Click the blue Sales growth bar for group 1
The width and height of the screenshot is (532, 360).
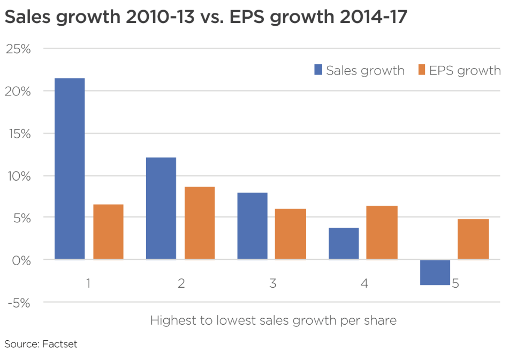point(70,169)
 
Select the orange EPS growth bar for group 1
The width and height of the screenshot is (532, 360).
point(108,232)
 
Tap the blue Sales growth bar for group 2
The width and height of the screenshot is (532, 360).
point(161,208)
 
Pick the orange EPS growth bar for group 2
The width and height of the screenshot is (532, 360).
point(199,223)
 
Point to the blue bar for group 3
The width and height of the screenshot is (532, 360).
point(252,226)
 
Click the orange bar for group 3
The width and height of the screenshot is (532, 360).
point(291,234)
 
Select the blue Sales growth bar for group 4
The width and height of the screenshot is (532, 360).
point(344,244)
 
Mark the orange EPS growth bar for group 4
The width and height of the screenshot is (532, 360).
point(382,232)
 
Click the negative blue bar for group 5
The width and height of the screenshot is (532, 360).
point(435,272)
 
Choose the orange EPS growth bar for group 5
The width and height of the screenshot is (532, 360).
point(474,239)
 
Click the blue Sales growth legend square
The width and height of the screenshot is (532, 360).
point(318,70)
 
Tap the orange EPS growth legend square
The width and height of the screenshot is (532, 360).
point(421,70)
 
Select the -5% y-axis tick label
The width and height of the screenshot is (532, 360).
point(19,303)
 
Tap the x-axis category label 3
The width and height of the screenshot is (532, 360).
point(272,283)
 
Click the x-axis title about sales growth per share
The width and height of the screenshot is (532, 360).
point(273,321)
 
